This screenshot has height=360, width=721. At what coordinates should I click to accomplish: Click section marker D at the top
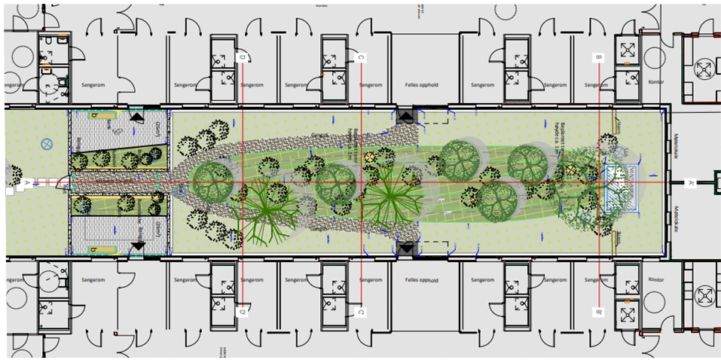coord(242,57)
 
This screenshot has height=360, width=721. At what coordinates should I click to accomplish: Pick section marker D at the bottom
coord(242,311)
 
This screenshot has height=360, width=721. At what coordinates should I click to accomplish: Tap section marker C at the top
coord(361,57)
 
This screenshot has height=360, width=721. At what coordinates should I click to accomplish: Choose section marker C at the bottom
coord(361,312)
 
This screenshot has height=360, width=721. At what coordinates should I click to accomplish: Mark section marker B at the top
coord(599,57)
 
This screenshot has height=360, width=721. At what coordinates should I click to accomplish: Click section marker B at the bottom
coord(599,312)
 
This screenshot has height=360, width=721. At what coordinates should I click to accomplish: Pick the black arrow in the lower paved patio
coord(139,246)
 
